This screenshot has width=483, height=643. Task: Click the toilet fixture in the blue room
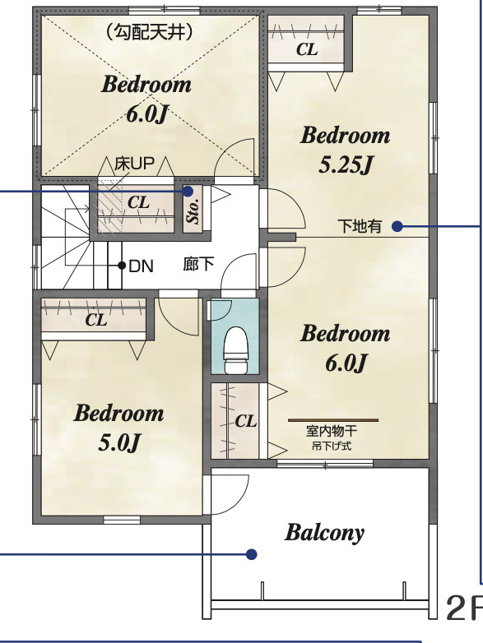click(236, 349)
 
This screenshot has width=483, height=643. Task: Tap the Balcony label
click(324, 533)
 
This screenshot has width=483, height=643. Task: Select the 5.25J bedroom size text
click(346, 164)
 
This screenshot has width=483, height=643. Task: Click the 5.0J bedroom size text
click(119, 442)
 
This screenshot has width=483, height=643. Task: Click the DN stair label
click(142, 266)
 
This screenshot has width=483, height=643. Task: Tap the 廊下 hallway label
click(198, 264)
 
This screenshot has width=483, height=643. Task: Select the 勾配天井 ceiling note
click(149, 32)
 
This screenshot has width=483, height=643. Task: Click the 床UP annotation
click(134, 164)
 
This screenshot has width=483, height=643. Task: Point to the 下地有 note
click(360, 226)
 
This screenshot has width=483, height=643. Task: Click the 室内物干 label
click(332, 431)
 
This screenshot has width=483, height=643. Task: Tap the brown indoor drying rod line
click(333, 420)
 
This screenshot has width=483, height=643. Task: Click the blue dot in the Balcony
click(252, 554)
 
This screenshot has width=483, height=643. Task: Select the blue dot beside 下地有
click(397, 226)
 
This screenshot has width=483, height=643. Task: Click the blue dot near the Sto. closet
click(188, 191)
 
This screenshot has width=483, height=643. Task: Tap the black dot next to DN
click(122, 266)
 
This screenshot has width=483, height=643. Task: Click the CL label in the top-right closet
click(307, 49)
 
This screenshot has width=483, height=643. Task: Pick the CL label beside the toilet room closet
click(246, 421)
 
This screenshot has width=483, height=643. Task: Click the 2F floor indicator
click(465, 608)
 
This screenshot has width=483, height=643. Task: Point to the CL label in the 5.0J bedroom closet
click(96, 320)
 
